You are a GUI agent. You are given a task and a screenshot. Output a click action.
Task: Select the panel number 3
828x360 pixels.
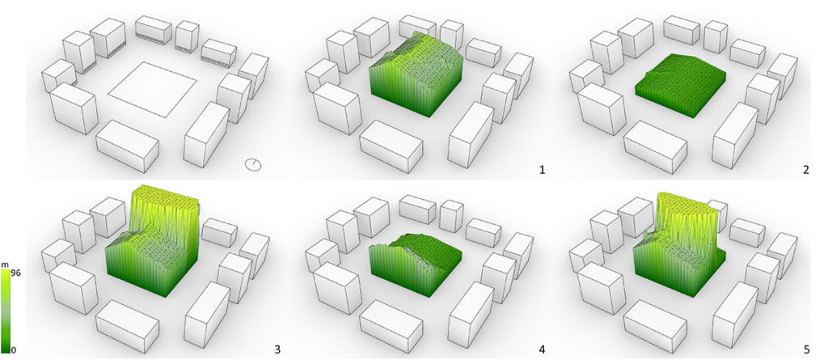click(277, 349)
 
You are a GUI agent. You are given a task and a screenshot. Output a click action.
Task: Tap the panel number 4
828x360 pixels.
click(541, 349)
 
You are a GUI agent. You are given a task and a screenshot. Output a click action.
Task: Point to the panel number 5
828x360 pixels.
click(805, 349)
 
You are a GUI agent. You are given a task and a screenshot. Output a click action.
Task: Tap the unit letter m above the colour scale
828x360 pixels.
click(6, 264)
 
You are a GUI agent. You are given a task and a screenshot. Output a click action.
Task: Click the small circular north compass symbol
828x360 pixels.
click(253, 164)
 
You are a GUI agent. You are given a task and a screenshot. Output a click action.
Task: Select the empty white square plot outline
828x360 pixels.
click(153, 89)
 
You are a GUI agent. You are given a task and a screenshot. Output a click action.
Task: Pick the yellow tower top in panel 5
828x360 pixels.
click(687, 200)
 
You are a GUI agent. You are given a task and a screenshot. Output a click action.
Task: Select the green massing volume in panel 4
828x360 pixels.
click(417, 261)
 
